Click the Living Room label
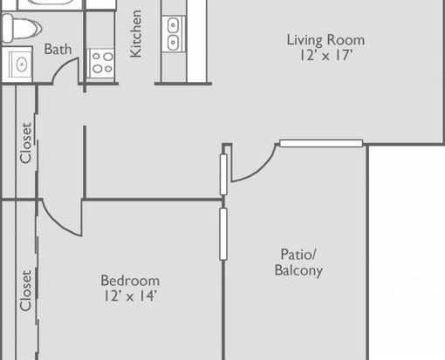pos(325,40)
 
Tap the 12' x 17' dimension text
pos(326,55)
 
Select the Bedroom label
pos(130,281)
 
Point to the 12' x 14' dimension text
pos(130,296)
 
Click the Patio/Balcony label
pos(298,262)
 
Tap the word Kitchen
pos(136,34)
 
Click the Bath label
pos(58,49)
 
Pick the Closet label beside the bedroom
pos(25,291)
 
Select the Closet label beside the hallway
pos(25,143)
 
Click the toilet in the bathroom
pos(22,28)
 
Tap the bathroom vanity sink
pos(20,65)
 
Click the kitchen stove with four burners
pos(100,64)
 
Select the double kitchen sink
pos(173,34)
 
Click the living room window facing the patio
pos(321,143)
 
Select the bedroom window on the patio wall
pos(223,234)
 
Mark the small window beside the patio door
pos(223,174)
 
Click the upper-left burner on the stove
pos(96,56)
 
